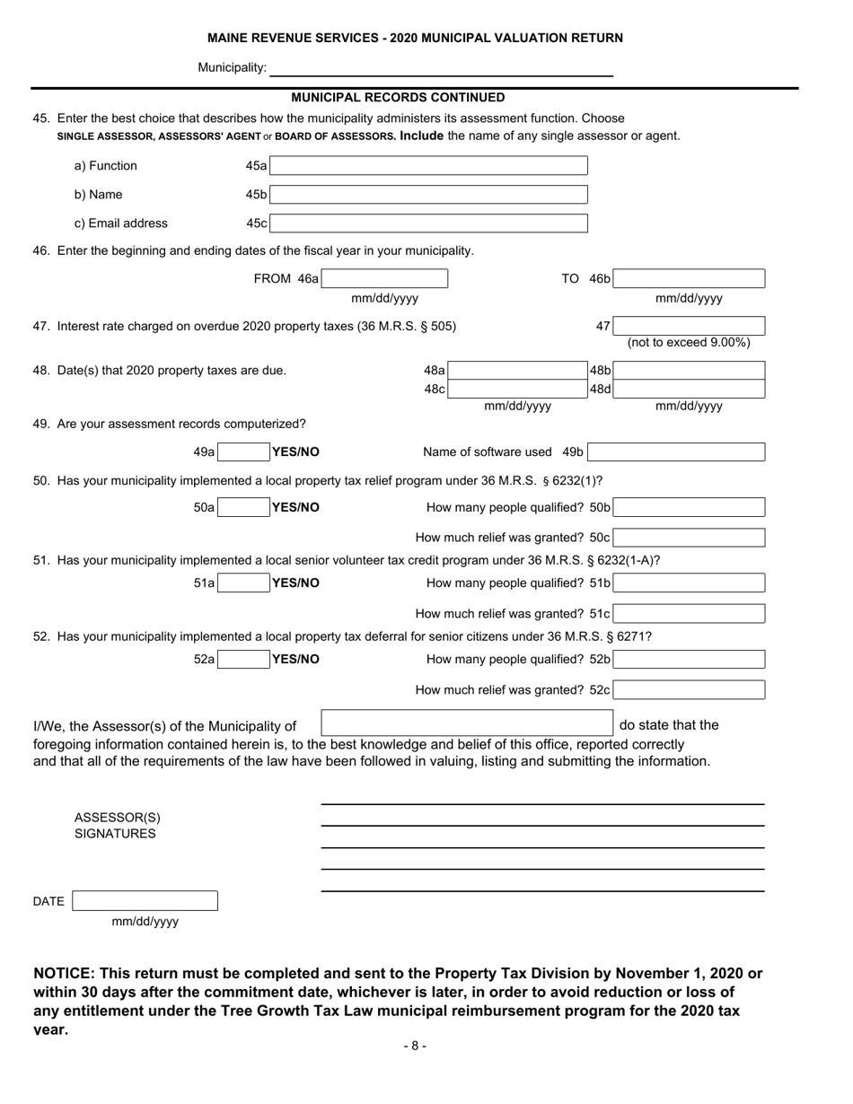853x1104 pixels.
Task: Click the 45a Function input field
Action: tap(428, 166)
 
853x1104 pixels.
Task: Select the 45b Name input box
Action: tap(428, 195)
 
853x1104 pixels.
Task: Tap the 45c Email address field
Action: tap(428, 223)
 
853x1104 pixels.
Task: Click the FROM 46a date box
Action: tap(383, 279)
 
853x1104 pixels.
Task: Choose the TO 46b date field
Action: tap(689, 279)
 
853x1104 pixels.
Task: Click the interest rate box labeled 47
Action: tap(689, 326)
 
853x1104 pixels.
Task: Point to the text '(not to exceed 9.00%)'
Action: tap(689, 343)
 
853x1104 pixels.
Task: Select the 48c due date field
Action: tap(516, 390)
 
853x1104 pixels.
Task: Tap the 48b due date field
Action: tap(689, 370)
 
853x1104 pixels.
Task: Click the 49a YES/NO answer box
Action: tap(243, 452)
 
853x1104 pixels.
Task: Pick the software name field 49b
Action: tap(677, 452)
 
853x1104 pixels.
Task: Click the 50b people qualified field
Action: tap(689, 508)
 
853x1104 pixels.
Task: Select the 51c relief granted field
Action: tap(689, 614)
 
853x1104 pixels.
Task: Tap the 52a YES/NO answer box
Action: tap(243, 660)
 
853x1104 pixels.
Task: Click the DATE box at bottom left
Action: tap(145, 901)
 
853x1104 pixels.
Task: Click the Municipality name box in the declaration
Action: tap(466, 724)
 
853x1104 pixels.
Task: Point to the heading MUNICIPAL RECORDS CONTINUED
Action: tap(398, 98)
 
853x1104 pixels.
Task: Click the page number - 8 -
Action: tap(415, 1046)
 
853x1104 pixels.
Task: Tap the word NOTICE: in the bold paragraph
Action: tap(64, 974)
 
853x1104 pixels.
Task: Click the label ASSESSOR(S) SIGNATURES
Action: tap(117, 826)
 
